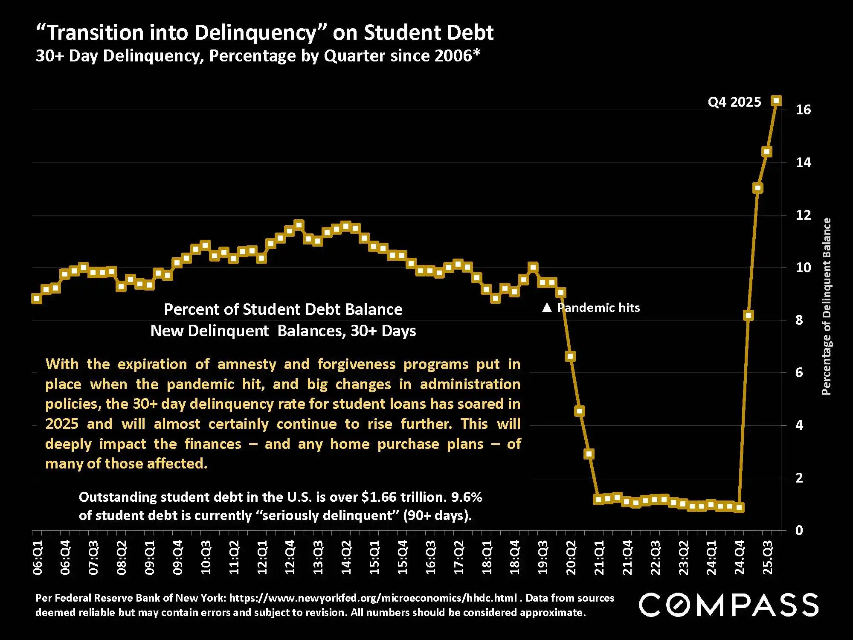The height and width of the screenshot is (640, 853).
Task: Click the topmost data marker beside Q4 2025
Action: pyautogui.click(x=776, y=101)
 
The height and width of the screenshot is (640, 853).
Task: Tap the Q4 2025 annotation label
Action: pyautogui.click(x=734, y=102)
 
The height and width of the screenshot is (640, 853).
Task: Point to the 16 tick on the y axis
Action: pyautogui.click(x=803, y=110)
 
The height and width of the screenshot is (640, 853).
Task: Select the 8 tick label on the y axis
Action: pyautogui.click(x=799, y=320)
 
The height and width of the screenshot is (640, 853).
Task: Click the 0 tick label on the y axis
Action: pyautogui.click(x=799, y=530)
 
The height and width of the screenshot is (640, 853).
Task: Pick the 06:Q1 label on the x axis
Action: pyautogui.click(x=38, y=557)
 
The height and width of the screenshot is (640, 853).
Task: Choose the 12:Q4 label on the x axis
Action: pyautogui.click(x=290, y=557)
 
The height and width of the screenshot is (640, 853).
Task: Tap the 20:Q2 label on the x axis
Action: pyautogui.click(x=571, y=557)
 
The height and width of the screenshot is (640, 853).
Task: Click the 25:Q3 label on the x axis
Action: pyautogui.click(x=767, y=557)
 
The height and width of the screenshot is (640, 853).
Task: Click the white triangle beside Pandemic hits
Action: pyautogui.click(x=547, y=307)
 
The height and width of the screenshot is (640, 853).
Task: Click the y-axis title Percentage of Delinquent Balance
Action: pyautogui.click(x=827, y=306)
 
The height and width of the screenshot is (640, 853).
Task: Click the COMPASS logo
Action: pyautogui.click(x=728, y=605)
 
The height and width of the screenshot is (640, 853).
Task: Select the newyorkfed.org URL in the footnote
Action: pyautogui.click(x=373, y=598)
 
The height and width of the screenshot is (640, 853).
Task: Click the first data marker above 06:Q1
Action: pyautogui.click(x=37, y=299)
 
